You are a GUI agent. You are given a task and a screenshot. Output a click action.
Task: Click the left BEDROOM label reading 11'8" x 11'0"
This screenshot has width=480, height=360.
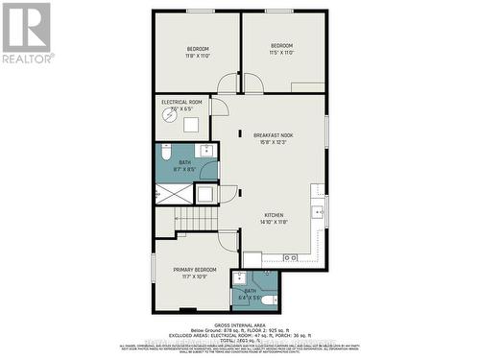(197, 52)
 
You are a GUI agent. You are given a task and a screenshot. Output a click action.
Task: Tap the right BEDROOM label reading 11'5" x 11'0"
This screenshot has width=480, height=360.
(280, 49)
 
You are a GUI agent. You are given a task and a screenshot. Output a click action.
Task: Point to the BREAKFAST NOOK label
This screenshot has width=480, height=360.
(274, 138)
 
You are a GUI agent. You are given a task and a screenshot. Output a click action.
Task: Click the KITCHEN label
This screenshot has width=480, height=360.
(274, 218)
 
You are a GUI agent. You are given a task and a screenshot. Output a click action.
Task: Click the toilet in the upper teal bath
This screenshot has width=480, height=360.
(165, 154)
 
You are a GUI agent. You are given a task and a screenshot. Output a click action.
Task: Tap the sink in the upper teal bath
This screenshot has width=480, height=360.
(205, 151)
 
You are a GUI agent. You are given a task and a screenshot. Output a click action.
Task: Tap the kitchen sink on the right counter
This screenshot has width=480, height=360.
(317, 213)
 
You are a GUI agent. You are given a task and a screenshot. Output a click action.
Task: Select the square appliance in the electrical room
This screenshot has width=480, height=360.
(191, 124)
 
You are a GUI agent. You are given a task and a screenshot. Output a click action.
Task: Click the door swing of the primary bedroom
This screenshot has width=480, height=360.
(228, 241)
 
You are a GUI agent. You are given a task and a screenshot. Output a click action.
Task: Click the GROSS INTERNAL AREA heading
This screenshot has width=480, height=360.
(239, 322)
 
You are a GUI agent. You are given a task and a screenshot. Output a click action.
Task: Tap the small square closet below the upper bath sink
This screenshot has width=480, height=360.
(205, 193)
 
